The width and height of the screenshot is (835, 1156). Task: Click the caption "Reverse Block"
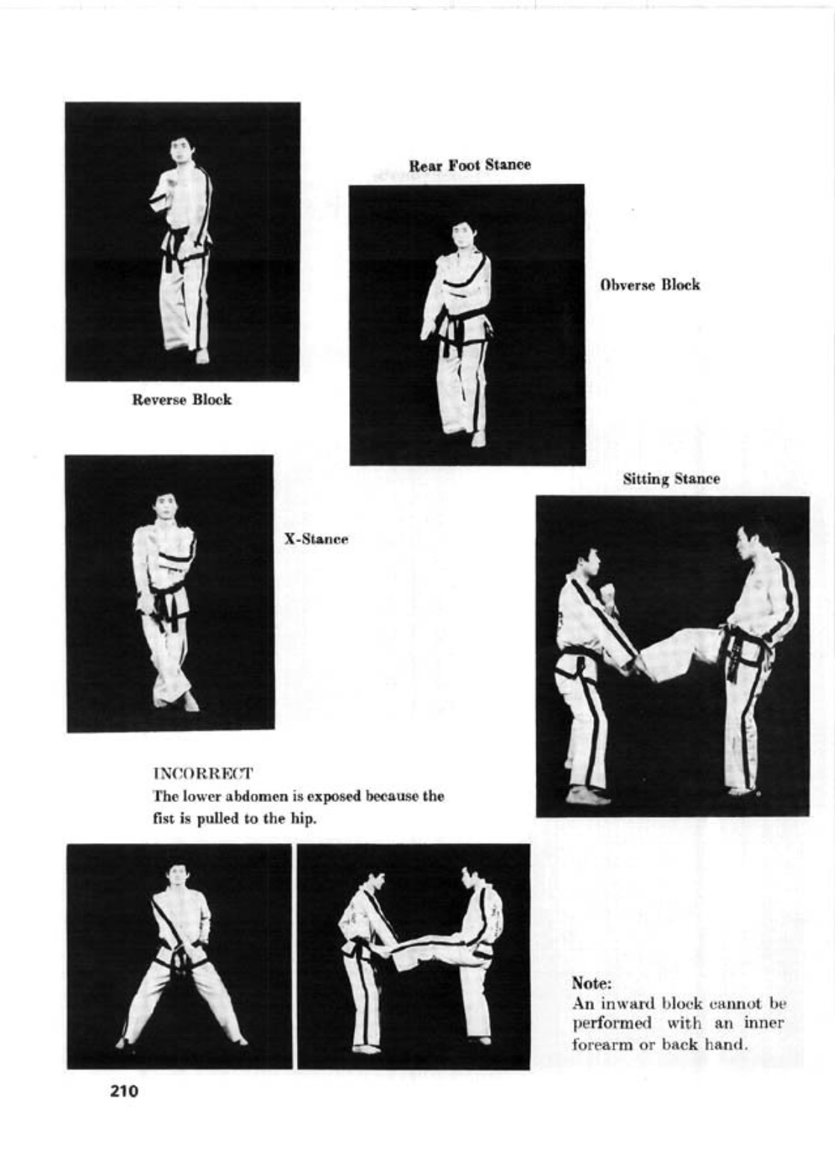click(x=182, y=400)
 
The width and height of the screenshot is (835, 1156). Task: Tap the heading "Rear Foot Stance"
click(x=470, y=166)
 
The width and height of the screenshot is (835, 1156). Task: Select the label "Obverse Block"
click(x=650, y=285)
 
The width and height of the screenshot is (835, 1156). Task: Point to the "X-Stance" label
click(x=316, y=539)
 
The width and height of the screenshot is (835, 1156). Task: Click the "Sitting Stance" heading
click(x=671, y=479)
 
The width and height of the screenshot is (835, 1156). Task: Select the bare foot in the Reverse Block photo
click(x=201, y=357)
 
